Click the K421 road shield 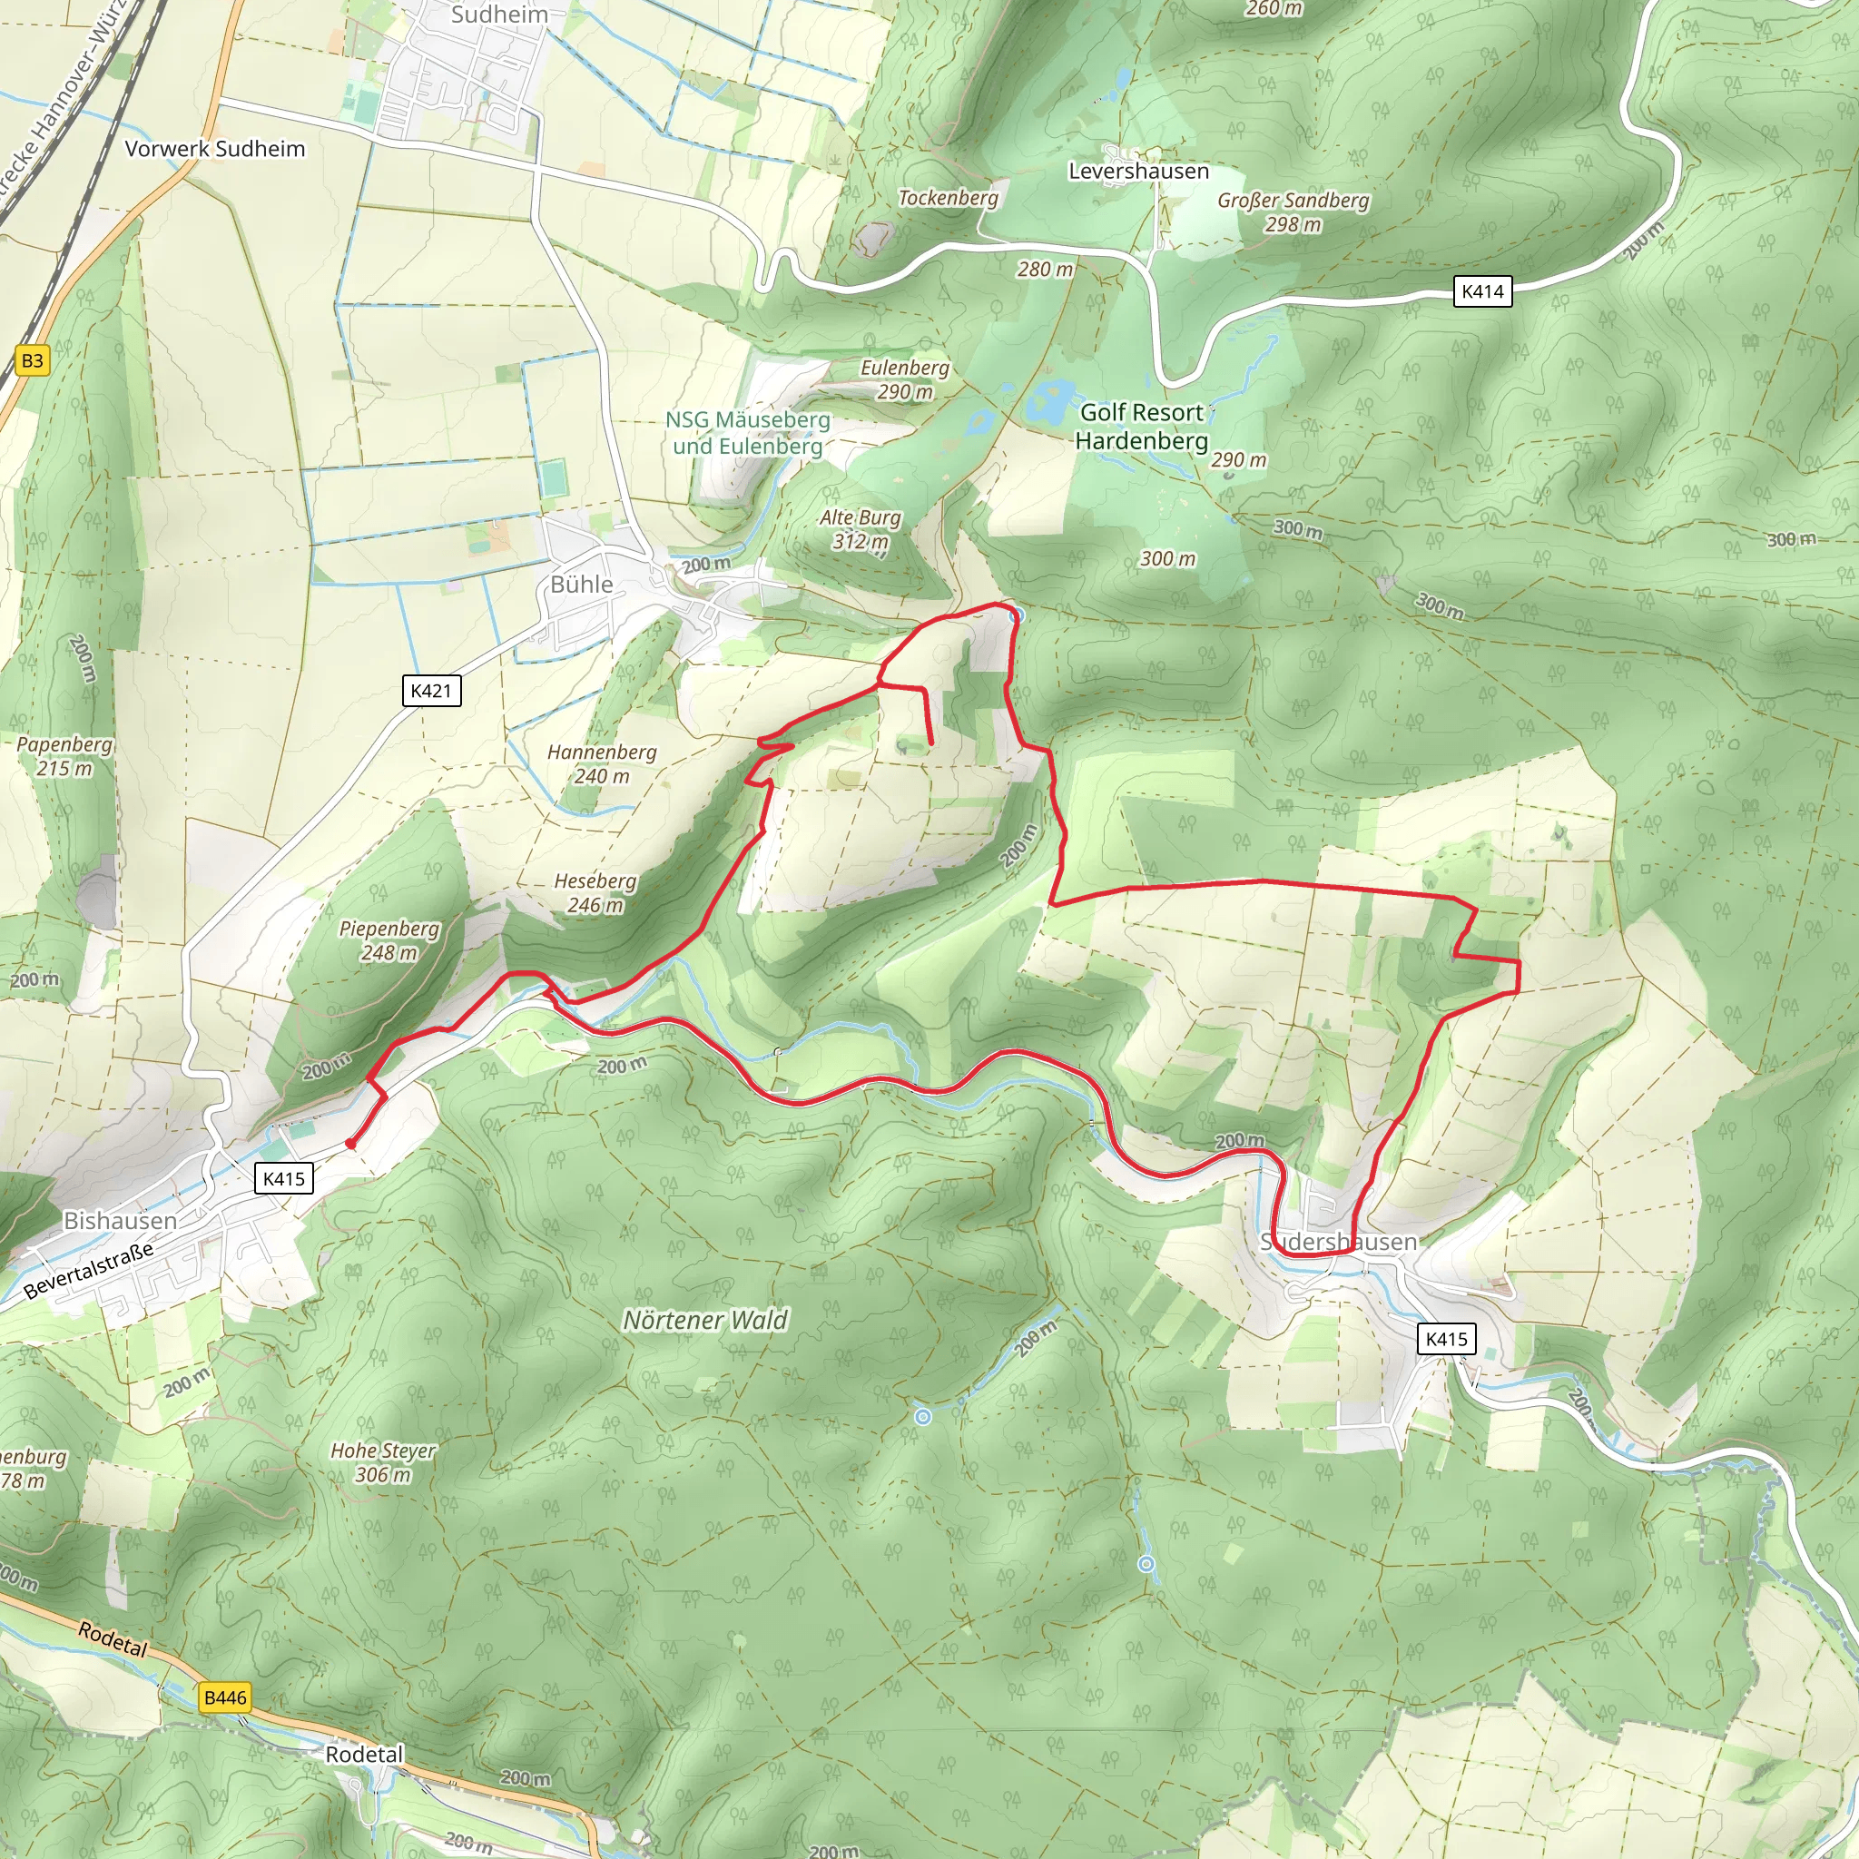pos(431,690)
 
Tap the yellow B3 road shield pos(32,361)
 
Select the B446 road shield pos(225,1697)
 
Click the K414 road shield pos(1481,291)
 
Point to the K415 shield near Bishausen pos(284,1179)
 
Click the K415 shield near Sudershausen pos(1446,1339)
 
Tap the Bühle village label pos(581,584)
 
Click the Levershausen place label pos(1138,172)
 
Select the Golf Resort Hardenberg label pos(1141,427)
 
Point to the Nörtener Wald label pos(705,1320)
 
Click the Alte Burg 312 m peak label pos(861,529)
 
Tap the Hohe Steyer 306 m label pos(383,1462)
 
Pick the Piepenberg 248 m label pos(389,940)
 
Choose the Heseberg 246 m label pos(595,893)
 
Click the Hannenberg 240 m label pos(602,764)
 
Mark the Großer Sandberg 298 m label pos(1293,211)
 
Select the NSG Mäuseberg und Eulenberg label pos(748,433)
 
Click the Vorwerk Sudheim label pos(214,149)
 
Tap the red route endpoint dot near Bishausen pos(350,1143)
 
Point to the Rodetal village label pos(364,1754)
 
